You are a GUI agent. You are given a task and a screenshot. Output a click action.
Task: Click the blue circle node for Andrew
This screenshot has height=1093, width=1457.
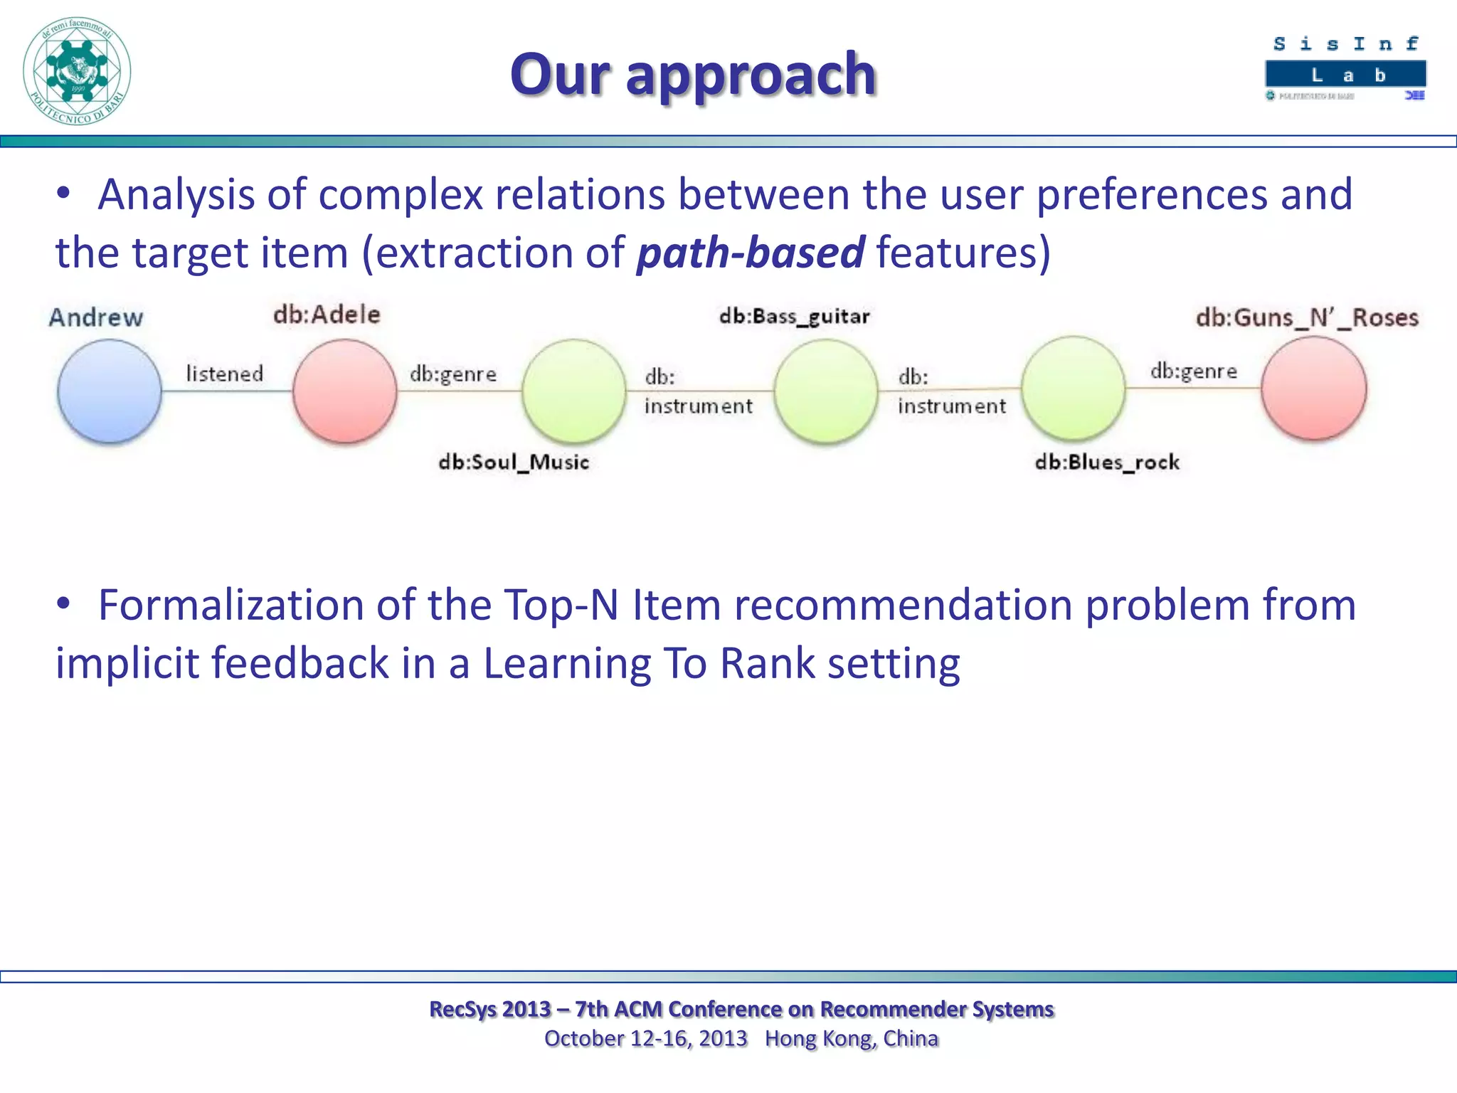[x=110, y=391]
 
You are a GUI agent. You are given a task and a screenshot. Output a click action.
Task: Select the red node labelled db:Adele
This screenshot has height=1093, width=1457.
[x=345, y=391]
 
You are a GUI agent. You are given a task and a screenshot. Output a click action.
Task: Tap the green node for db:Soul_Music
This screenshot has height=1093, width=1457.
[x=574, y=391]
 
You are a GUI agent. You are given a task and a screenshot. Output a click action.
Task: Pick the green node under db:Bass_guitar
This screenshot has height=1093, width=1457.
[x=826, y=391]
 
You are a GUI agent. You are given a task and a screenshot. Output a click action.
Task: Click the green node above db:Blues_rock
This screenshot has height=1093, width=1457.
[x=1074, y=389]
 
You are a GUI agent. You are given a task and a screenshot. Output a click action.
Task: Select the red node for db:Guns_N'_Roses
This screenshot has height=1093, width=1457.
[x=1313, y=389]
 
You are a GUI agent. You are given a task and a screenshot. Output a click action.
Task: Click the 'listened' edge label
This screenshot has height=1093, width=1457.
[x=225, y=374]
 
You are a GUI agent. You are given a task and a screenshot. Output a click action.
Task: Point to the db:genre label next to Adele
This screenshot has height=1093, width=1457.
[x=453, y=374]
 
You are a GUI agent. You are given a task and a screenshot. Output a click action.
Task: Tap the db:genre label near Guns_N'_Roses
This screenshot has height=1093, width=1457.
[x=1194, y=371]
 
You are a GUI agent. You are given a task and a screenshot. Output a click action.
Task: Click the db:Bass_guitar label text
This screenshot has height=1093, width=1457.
[x=794, y=316]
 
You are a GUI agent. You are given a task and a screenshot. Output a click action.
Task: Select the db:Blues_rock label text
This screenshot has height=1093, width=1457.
[x=1107, y=463]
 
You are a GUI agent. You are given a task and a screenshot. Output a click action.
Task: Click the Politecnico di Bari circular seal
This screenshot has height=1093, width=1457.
[x=77, y=71]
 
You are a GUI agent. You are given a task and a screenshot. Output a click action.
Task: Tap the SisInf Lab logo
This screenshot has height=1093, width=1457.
[x=1345, y=68]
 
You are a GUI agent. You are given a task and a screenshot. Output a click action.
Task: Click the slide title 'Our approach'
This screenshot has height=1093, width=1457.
[x=693, y=74]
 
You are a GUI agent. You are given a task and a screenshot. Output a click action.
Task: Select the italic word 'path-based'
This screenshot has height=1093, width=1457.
[x=751, y=253]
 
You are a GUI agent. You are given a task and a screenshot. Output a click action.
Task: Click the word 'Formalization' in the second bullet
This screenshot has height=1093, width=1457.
[x=231, y=605]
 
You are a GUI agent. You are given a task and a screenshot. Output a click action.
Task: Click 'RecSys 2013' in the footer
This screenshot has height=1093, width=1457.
[x=490, y=1009]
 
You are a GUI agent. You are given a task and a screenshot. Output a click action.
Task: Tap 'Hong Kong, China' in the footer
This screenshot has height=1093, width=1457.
[x=852, y=1039]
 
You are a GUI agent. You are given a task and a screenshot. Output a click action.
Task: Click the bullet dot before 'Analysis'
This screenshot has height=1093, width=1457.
[x=64, y=194]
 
